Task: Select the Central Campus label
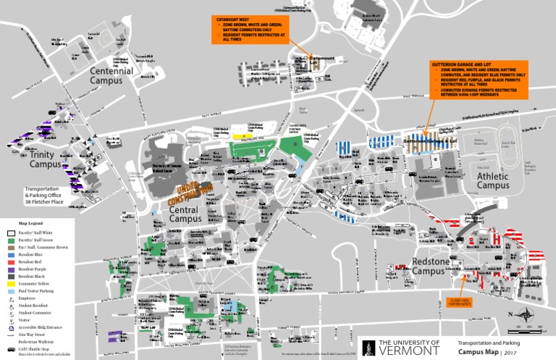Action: click(x=185, y=214)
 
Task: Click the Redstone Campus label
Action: click(x=434, y=266)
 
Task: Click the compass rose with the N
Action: click(x=515, y=315)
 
